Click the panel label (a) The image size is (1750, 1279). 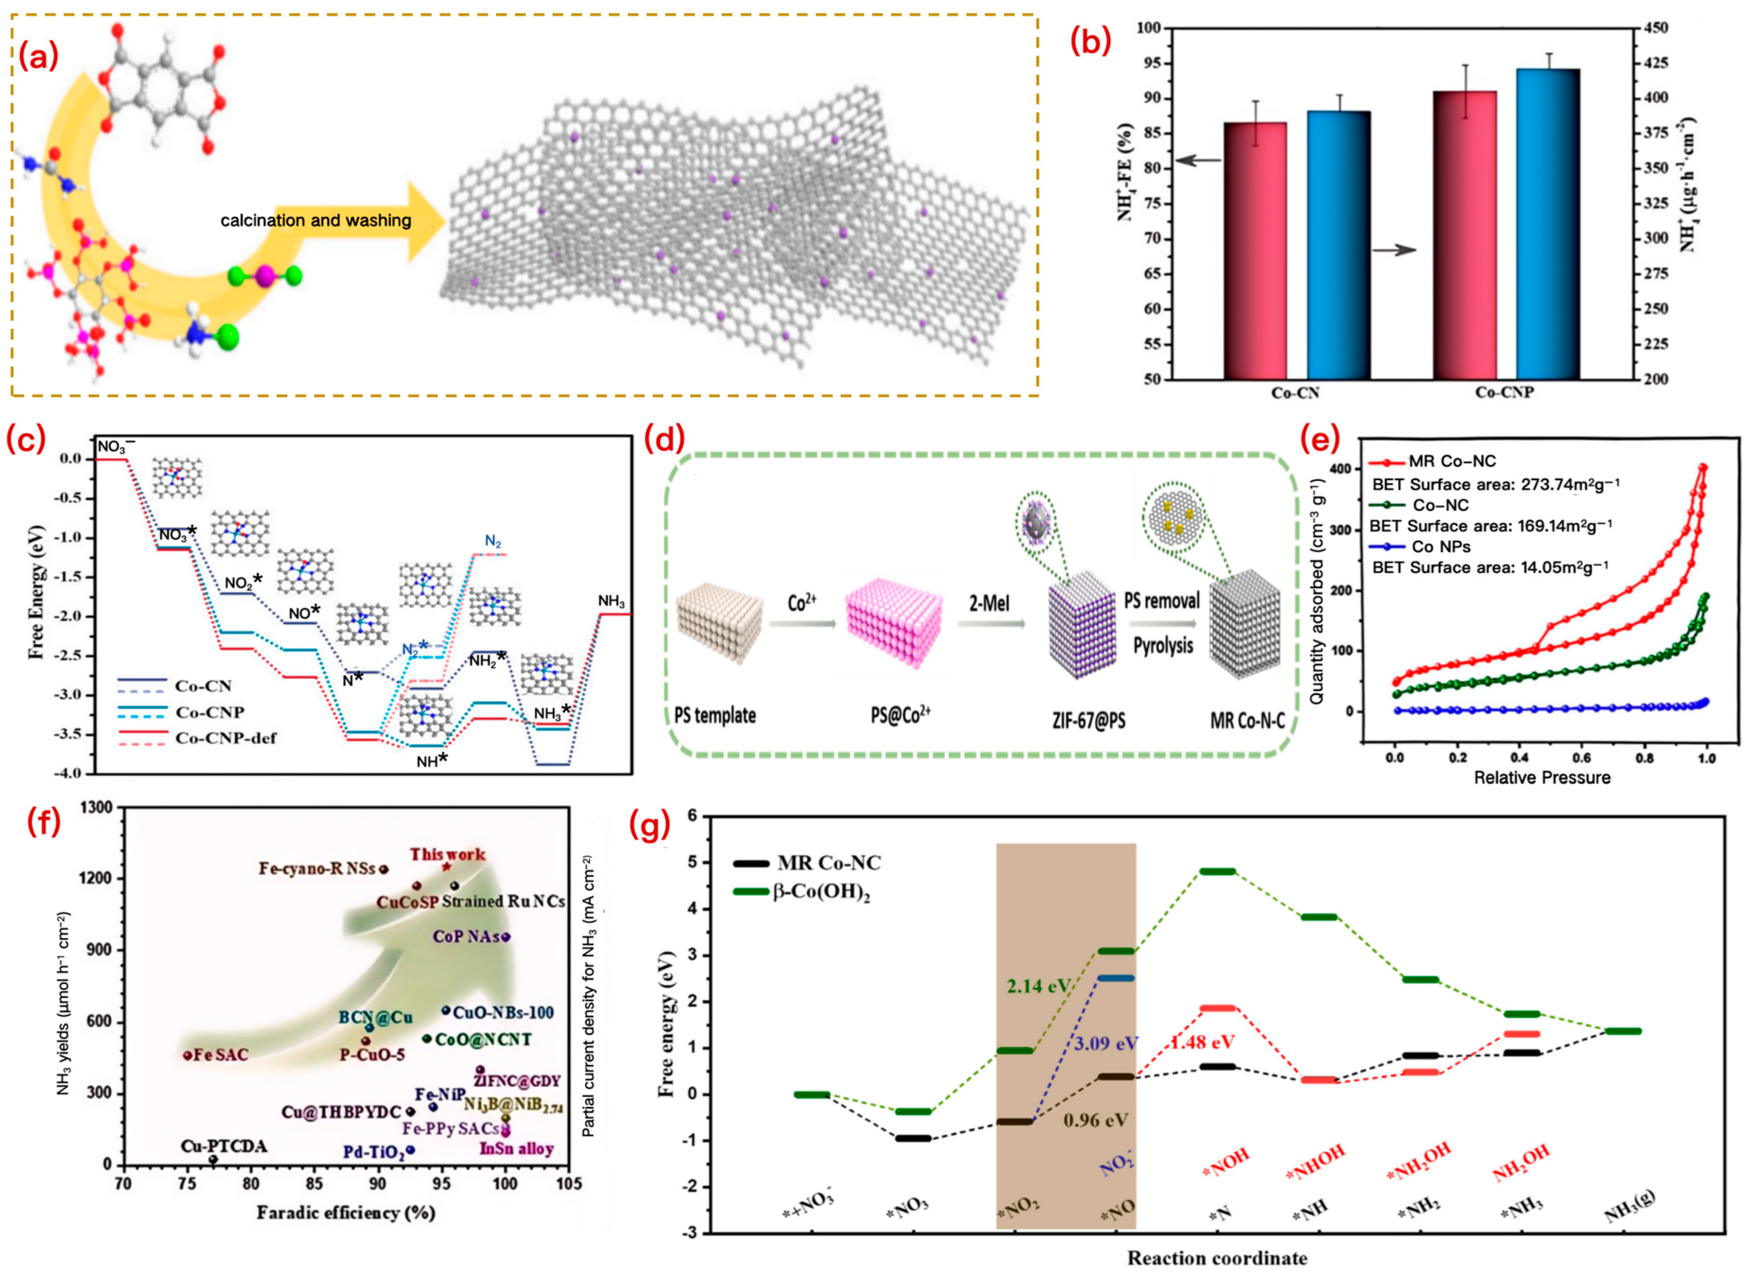point(38,57)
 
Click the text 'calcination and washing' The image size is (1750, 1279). point(316,221)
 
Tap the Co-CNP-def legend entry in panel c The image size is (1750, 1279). point(225,738)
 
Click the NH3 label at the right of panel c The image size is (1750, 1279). point(611,601)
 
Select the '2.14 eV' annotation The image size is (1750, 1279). point(1038,986)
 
